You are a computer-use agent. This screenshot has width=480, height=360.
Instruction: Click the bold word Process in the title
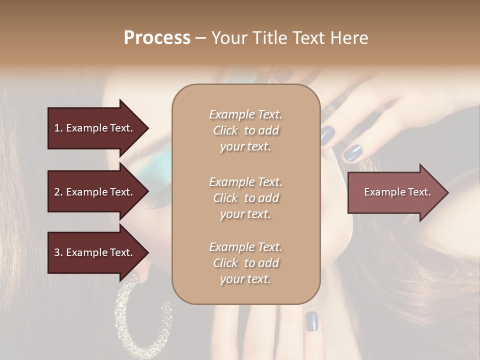pyautogui.click(x=157, y=38)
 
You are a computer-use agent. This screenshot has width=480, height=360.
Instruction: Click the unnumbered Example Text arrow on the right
pyautogui.click(x=397, y=192)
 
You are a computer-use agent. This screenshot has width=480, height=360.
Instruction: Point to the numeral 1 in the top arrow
pyautogui.click(x=57, y=128)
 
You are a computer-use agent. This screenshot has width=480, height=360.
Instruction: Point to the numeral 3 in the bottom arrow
pyautogui.click(x=57, y=252)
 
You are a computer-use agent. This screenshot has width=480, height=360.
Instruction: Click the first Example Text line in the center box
pyautogui.click(x=245, y=114)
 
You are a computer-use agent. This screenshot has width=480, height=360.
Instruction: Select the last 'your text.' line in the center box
pyautogui.click(x=245, y=279)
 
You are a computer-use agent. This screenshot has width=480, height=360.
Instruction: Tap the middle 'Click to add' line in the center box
pyautogui.click(x=245, y=198)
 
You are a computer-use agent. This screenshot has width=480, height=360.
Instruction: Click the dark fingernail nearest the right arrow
pyautogui.click(x=353, y=152)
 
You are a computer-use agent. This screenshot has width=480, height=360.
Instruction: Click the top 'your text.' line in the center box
pyautogui.click(x=245, y=147)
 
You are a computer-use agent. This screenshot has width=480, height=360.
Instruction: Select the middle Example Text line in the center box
pyautogui.click(x=245, y=181)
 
